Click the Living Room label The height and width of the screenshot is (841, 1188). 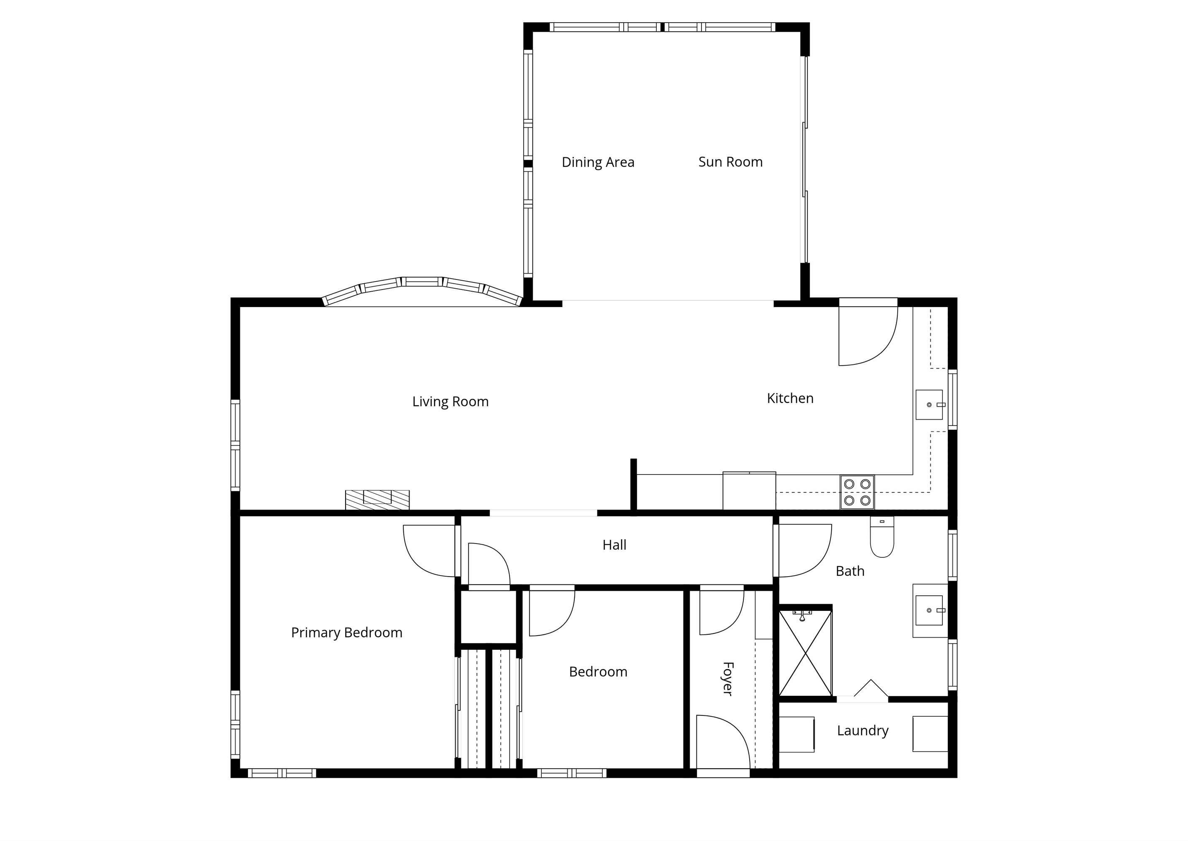click(451, 402)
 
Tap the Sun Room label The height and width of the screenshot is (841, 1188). click(730, 162)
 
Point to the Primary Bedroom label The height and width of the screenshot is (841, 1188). click(346, 633)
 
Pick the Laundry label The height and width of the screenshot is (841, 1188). click(863, 731)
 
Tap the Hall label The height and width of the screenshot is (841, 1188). click(614, 545)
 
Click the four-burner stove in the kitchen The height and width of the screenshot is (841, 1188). click(857, 492)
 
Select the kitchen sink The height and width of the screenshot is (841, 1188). click(930, 405)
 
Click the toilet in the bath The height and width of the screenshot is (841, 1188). click(882, 536)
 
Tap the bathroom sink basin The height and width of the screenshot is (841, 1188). click(930, 610)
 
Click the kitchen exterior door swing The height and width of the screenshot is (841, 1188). click(868, 336)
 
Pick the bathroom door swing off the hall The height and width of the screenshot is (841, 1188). click(805, 551)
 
